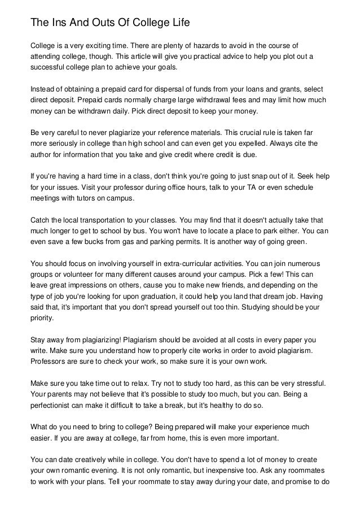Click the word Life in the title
(180, 23)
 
